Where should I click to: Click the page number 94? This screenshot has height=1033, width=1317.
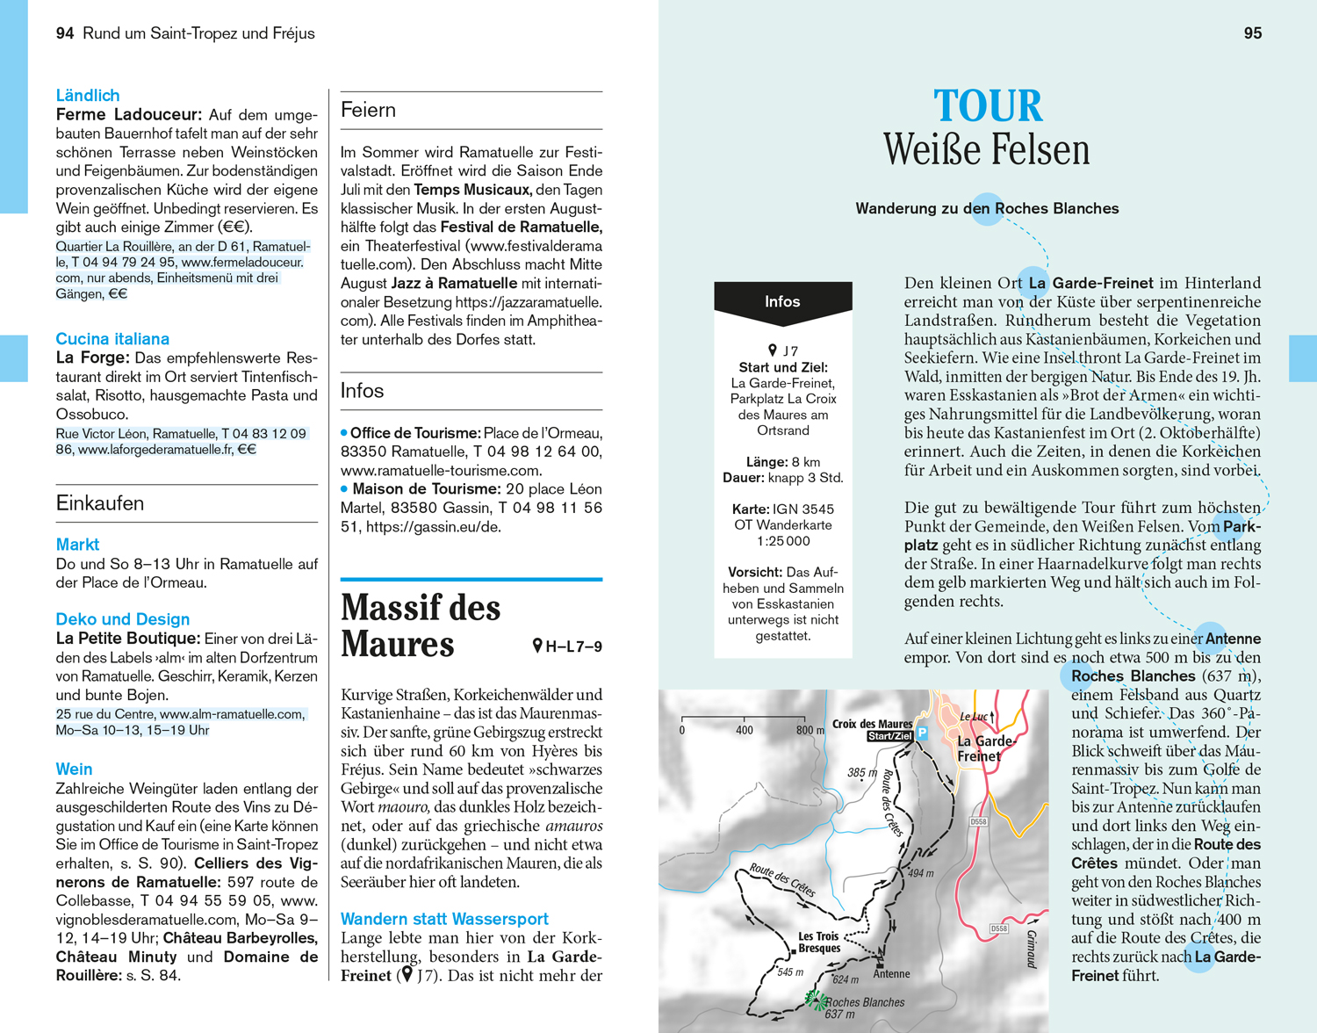(65, 33)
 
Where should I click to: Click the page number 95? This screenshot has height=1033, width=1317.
(1253, 33)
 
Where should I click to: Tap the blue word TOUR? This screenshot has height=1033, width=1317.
(988, 107)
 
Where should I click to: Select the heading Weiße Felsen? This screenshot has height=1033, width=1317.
(986, 149)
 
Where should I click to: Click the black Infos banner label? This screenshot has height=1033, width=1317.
(782, 301)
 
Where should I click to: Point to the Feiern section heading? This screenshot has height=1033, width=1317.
(369, 110)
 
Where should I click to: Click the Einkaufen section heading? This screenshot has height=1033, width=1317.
(100, 503)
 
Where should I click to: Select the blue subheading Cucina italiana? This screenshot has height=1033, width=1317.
(112, 339)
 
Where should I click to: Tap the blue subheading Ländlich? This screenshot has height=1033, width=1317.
(88, 96)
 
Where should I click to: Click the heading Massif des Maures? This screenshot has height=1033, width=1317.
(421, 625)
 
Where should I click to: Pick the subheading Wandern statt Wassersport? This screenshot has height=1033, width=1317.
(444, 919)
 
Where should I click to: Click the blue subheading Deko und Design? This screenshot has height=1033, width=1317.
(123, 619)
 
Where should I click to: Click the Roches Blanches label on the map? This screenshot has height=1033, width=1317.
(865, 1002)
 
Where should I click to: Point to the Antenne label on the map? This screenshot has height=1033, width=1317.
(891, 974)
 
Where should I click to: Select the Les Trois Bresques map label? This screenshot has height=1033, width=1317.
(818, 943)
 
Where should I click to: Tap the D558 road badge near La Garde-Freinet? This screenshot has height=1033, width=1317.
(978, 822)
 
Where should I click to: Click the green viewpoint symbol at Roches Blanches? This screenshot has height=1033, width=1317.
(816, 1000)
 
